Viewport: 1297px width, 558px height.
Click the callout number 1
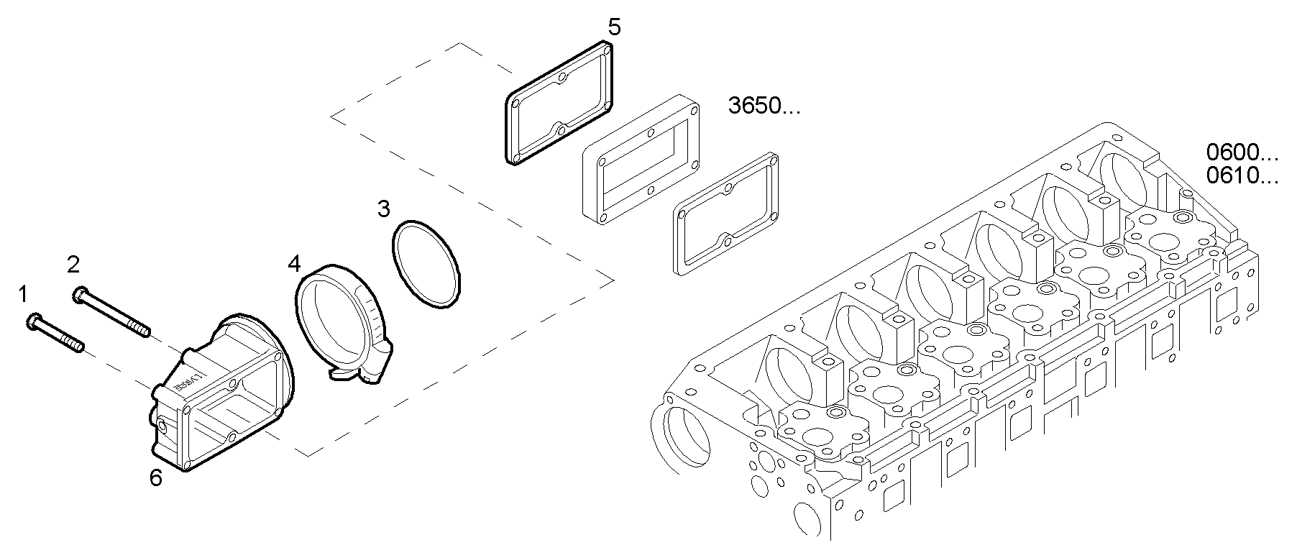[23, 293]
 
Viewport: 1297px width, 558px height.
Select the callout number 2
[73, 265]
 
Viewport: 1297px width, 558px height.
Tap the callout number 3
[384, 209]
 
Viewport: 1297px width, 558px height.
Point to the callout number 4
[293, 263]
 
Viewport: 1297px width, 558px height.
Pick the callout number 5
[613, 27]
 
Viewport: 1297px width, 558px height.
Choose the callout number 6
[156, 477]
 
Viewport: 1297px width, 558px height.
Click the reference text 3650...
[763, 107]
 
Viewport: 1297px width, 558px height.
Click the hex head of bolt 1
[33, 321]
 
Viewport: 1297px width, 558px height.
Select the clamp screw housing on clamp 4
[379, 360]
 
